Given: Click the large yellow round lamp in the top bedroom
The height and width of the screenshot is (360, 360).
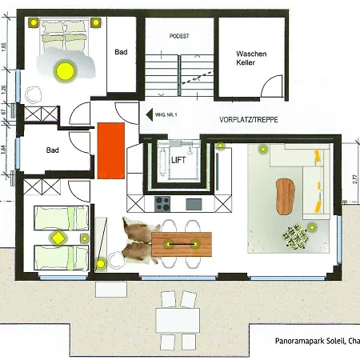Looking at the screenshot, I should pos(64,70).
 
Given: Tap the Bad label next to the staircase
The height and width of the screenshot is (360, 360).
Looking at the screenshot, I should pos(121,52).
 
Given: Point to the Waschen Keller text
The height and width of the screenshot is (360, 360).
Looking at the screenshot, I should pos(250,58).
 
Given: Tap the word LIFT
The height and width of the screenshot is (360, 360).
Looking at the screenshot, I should pos(178,159).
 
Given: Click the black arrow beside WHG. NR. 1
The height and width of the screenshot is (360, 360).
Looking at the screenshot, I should pos(149,115).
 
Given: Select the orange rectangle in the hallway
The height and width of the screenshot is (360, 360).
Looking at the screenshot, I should pos(110,151).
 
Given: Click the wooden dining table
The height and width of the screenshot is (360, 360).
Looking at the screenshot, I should pos(183,244).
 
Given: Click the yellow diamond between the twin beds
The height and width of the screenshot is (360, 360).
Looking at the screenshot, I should pos(58,237).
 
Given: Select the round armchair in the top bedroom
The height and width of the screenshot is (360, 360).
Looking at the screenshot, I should pos(33,93).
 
